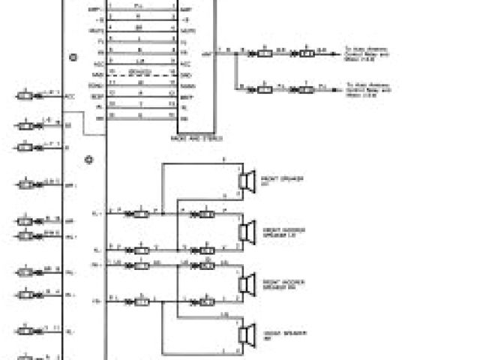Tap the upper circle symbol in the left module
tap(73, 57)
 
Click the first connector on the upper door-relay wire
tap(264, 53)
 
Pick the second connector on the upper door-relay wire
tap(306, 53)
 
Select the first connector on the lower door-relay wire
tap(264, 89)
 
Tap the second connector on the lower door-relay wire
tap(306, 89)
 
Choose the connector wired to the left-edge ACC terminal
tap(26, 96)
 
